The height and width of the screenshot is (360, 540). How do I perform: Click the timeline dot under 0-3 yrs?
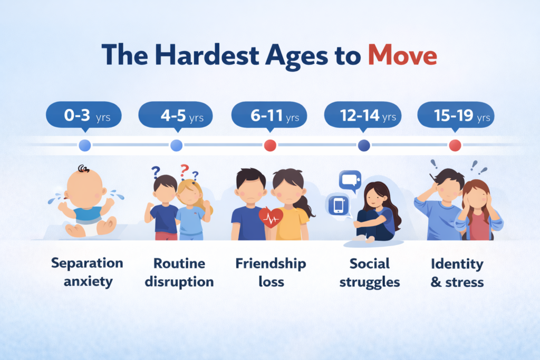[84, 145]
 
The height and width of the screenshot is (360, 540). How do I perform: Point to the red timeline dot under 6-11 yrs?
[270, 145]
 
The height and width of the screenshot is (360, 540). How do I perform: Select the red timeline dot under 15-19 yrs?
[455, 145]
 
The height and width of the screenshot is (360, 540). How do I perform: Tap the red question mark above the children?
[184, 171]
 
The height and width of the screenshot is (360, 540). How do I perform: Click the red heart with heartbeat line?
[271, 217]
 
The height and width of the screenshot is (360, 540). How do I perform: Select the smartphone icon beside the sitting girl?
[337, 204]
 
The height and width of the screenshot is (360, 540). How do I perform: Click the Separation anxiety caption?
[88, 272]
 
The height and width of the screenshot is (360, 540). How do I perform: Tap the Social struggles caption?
[369, 272]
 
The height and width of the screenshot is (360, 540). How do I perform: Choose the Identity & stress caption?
[457, 272]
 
